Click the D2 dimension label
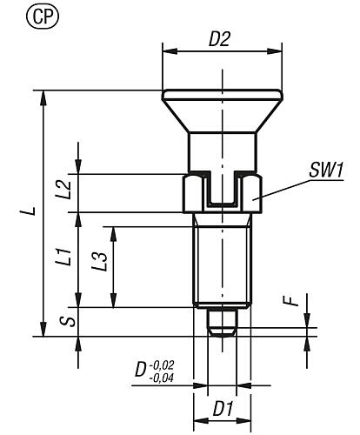coord(221,40)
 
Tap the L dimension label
coord(30,211)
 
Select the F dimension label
coord(295,304)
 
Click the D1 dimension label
coord(221,406)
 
